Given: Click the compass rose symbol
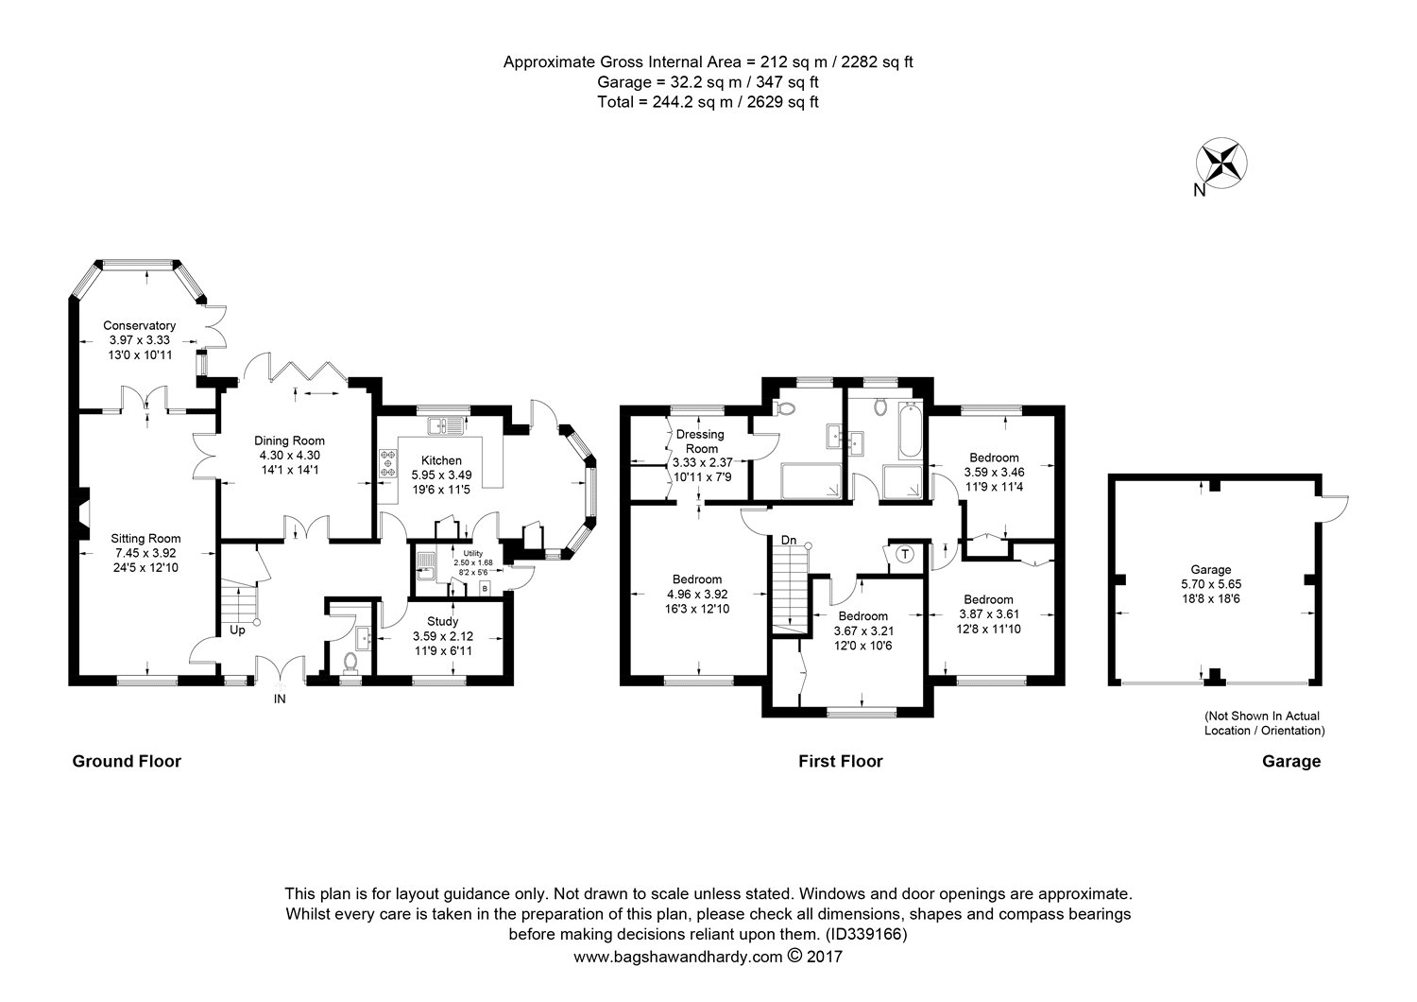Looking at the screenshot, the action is (x=1221, y=162).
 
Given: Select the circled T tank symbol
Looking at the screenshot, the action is (x=904, y=554).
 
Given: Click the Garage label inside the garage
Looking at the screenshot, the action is (x=1210, y=570).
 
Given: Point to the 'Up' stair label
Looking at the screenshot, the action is (x=236, y=629).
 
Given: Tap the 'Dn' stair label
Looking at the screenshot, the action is (x=789, y=541).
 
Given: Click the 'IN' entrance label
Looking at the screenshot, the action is (x=280, y=700).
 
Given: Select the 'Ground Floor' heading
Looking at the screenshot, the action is (x=127, y=761).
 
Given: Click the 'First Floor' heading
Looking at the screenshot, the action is (x=840, y=761).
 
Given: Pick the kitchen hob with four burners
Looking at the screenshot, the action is (x=387, y=463).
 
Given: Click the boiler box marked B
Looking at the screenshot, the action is (x=486, y=588).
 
